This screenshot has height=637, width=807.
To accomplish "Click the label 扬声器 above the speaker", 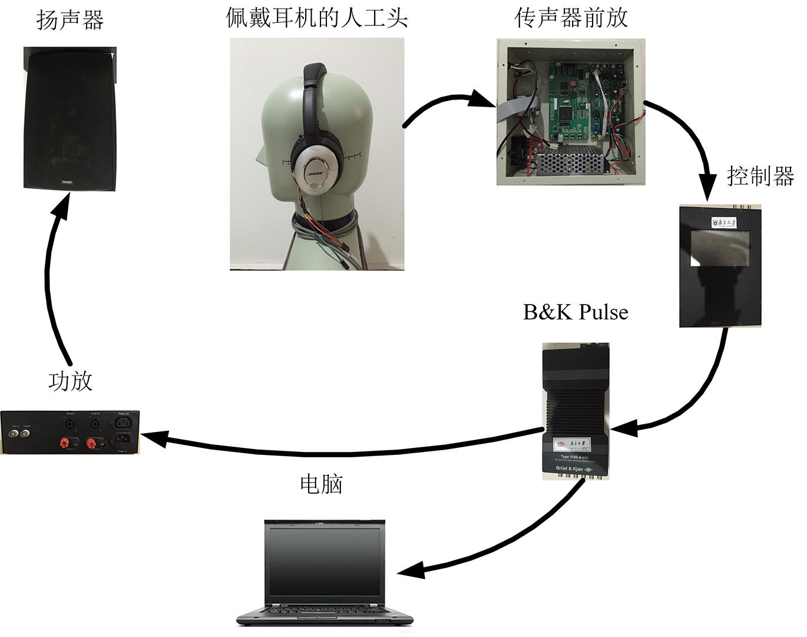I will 70,20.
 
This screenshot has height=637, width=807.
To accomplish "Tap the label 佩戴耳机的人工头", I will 316,18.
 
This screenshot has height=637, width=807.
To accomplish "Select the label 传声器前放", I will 571,18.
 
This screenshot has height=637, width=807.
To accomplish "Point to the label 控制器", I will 760,176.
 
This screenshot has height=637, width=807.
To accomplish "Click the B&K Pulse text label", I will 576,312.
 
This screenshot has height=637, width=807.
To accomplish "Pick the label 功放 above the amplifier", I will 70,381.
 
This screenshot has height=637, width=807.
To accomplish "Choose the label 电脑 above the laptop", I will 321,484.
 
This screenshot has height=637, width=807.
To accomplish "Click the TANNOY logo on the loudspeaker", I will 67,182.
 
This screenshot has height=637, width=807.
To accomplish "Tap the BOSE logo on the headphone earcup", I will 315,174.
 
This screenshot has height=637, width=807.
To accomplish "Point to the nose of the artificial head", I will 259,158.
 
